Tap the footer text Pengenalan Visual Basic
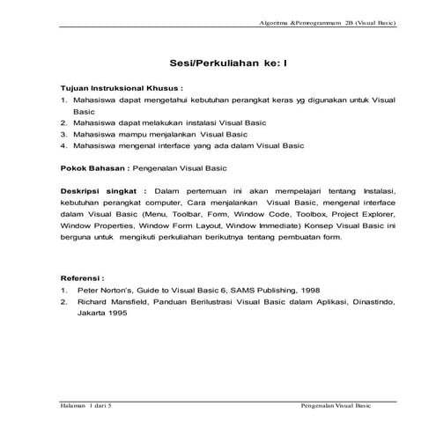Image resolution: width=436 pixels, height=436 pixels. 336,406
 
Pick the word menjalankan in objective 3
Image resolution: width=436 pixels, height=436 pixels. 165,133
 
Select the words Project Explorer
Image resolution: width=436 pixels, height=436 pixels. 371,213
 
